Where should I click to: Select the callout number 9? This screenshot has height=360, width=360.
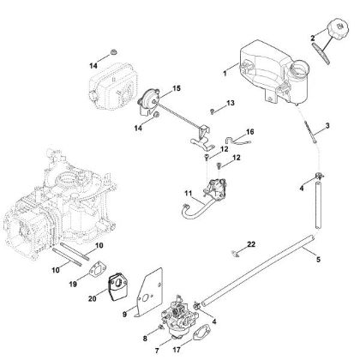point(125,315)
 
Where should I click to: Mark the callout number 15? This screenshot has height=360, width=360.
point(177,87)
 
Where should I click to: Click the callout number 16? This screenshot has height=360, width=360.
point(249,132)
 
